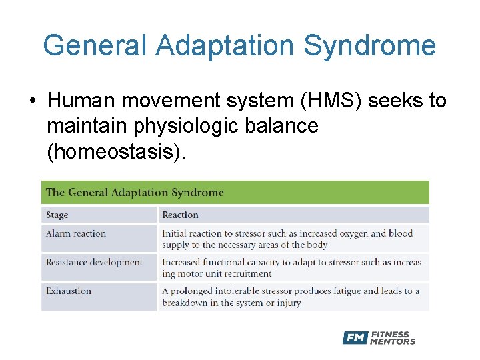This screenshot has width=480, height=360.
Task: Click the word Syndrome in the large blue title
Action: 370,46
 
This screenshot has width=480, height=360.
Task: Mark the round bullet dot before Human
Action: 33,101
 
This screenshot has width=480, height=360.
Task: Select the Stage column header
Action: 57,215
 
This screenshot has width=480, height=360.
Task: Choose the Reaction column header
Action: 180,215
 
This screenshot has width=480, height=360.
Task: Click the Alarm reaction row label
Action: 76,233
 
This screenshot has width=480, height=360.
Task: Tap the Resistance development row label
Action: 94,262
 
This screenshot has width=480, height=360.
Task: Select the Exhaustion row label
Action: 68,291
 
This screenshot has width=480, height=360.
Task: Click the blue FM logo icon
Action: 355,338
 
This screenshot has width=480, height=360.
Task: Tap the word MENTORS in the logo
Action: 393,341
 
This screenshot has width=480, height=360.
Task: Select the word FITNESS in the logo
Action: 391,334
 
